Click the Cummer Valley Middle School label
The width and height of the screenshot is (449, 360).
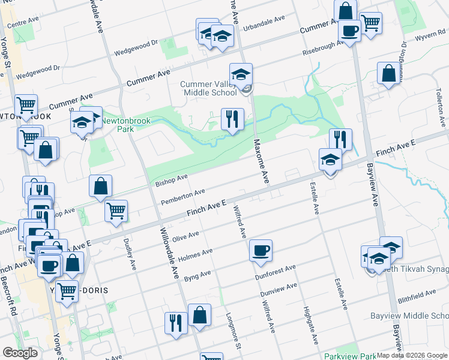tap(208, 88)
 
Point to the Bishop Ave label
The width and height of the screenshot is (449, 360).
tap(172, 179)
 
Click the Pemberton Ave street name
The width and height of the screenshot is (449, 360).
tap(183, 196)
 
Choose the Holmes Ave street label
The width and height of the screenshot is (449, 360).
tap(195, 255)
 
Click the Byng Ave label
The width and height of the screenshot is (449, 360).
tap(197, 276)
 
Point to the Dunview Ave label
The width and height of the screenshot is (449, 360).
tap(279, 291)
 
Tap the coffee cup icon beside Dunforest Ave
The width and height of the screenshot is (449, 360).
tap(261, 250)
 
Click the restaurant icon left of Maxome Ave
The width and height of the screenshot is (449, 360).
tap(232, 118)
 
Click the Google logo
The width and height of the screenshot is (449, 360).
tap(20, 353)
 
